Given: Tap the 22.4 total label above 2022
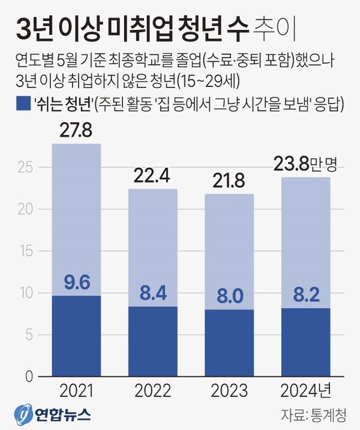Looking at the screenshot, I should pos(152,176).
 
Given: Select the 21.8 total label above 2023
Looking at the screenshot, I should pos(229,181).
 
